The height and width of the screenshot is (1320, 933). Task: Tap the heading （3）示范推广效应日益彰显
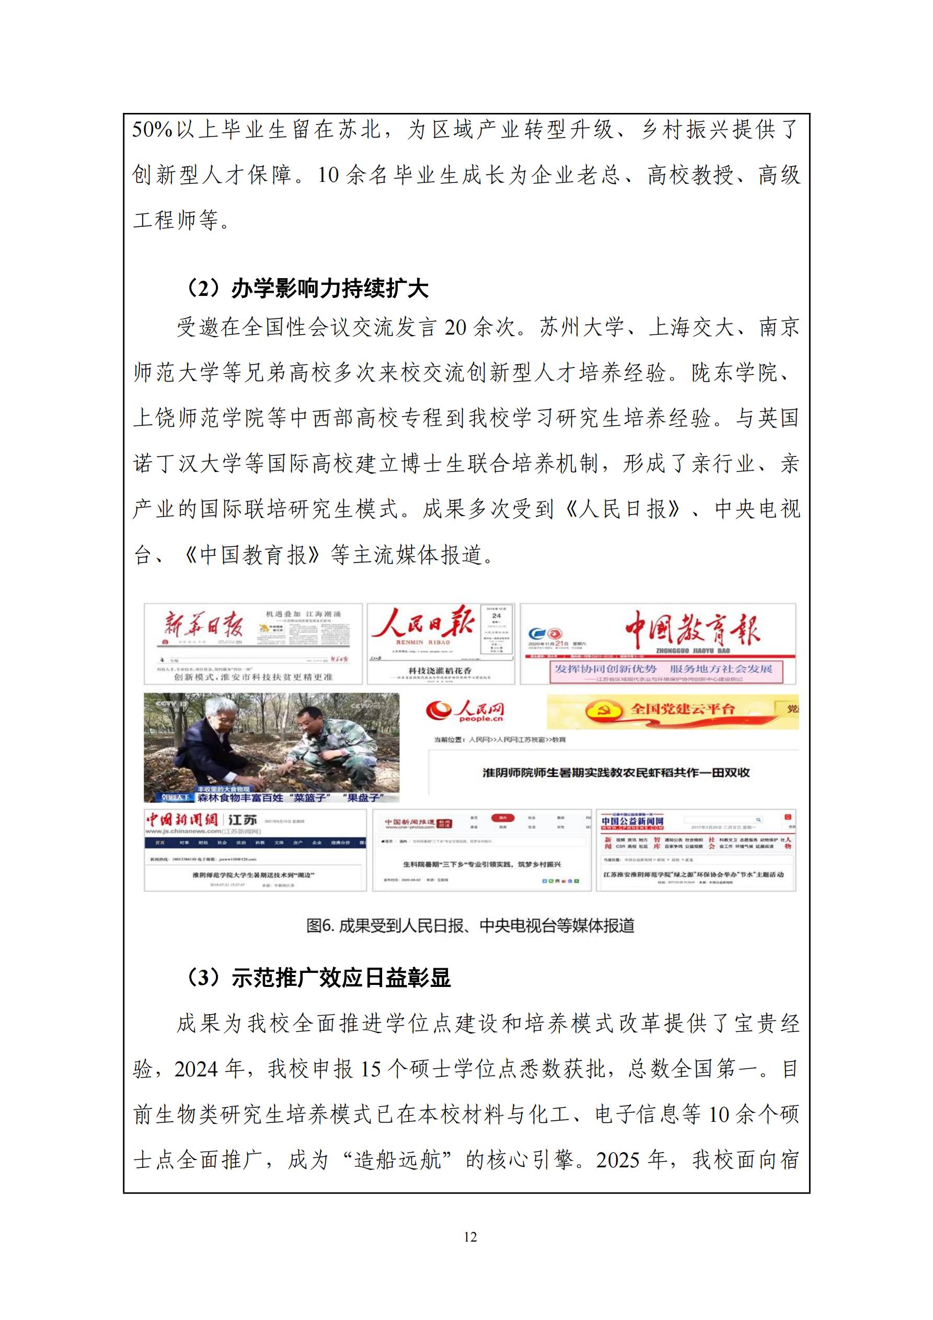(317, 978)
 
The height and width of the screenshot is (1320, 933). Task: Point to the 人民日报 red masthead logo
(423, 624)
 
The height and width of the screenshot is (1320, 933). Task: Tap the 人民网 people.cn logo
(466, 710)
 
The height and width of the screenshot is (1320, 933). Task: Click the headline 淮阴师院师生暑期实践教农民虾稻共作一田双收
(616, 773)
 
